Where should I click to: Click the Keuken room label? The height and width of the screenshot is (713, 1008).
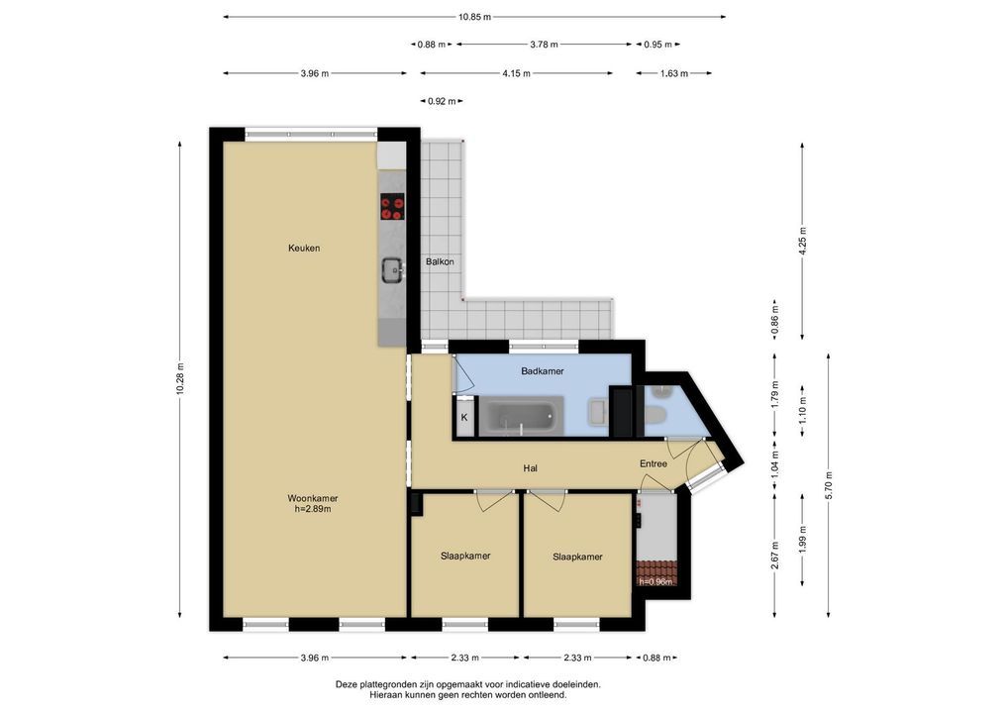tap(304, 249)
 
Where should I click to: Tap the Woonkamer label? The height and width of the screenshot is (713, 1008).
tap(313, 498)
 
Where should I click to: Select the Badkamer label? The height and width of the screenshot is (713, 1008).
tap(543, 371)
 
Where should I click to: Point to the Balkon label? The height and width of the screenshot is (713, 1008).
tap(440, 261)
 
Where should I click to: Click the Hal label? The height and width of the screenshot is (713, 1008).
tap(531, 468)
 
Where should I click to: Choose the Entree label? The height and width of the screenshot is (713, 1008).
tap(654, 463)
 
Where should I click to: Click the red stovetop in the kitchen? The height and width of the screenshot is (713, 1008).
tap(392, 206)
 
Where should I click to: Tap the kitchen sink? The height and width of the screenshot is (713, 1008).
tap(392, 270)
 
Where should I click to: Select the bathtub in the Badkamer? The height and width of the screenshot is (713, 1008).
tap(522, 417)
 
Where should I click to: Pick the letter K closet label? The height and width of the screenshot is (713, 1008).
tap(464, 417)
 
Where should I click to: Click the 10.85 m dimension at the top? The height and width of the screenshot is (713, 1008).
tap(474, 18)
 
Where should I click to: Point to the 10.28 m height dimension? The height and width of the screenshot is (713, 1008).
tap(180, 379)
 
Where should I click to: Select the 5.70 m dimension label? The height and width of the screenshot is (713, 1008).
tap(829, 485)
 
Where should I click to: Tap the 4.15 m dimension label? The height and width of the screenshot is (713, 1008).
tap(516, 73)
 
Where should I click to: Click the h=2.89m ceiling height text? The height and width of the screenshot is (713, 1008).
tap(313, 509)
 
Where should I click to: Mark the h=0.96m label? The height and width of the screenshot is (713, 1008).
tap(655, 582)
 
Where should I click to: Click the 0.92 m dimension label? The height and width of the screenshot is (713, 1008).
tap(442, 101)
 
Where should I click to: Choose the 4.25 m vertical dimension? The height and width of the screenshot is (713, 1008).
tap(802, 241)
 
